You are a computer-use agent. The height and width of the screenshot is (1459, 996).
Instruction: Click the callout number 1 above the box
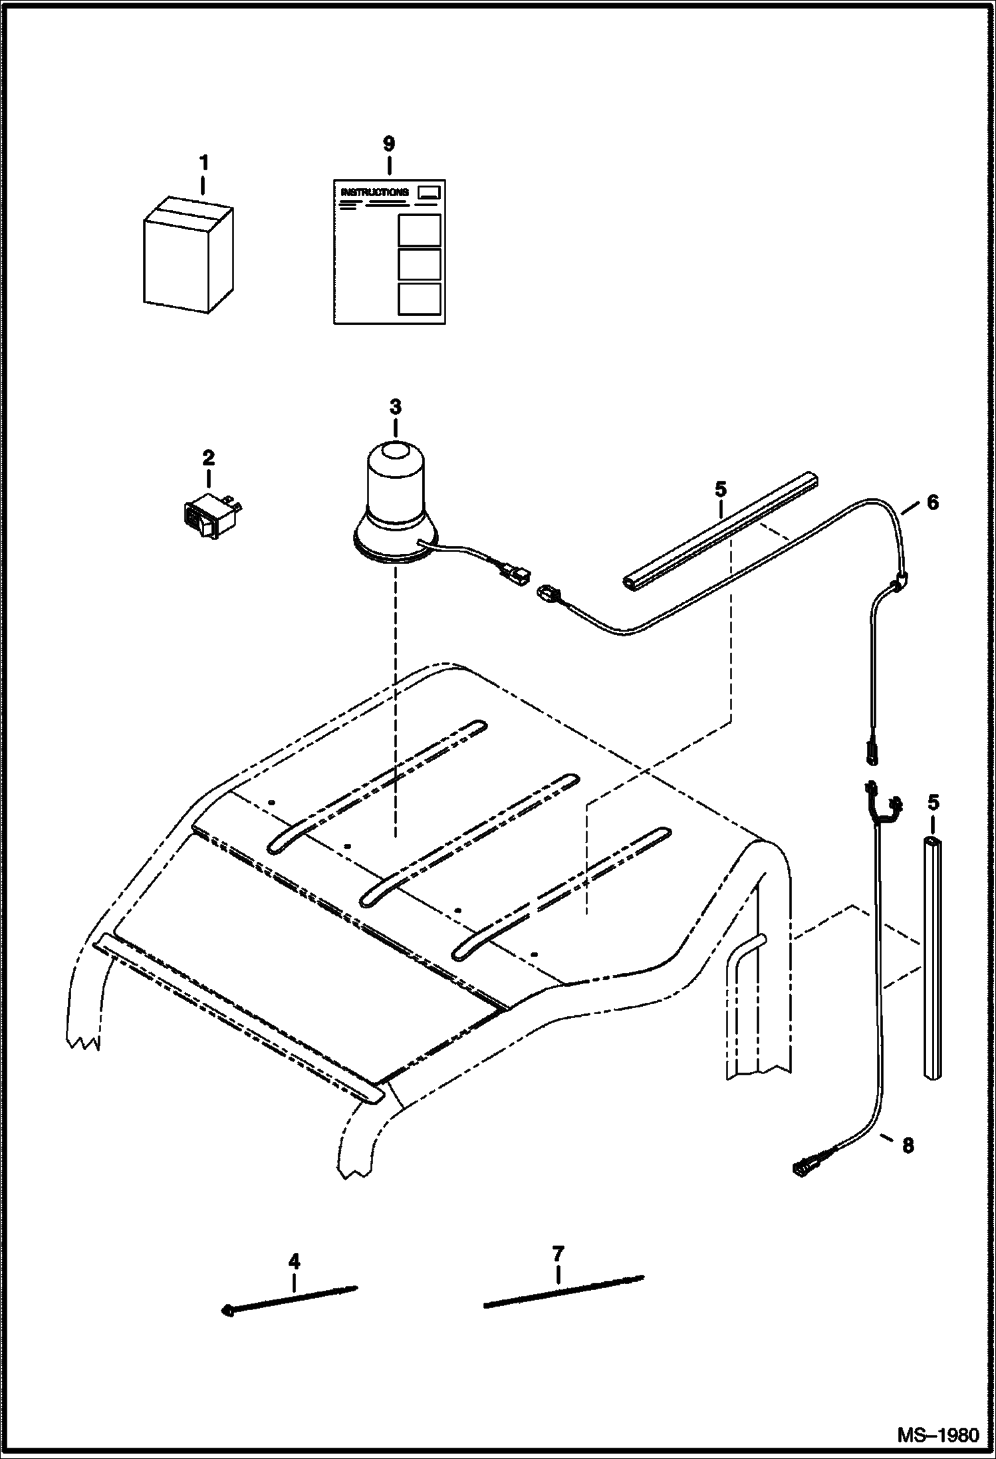204,162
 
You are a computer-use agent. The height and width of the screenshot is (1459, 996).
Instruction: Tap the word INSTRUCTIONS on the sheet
374,192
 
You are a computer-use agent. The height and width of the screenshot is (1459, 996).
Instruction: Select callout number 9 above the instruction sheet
389,143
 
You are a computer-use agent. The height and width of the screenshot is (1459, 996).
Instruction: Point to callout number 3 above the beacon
396,406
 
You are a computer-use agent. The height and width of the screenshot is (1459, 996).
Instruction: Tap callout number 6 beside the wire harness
932,503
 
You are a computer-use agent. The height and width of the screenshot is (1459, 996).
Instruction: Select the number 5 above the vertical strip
934,803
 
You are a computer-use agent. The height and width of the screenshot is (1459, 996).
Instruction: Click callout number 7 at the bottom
558,1254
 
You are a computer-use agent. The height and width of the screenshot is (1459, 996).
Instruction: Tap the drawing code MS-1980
938,1430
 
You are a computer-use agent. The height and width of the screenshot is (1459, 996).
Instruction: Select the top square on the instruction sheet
419,229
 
